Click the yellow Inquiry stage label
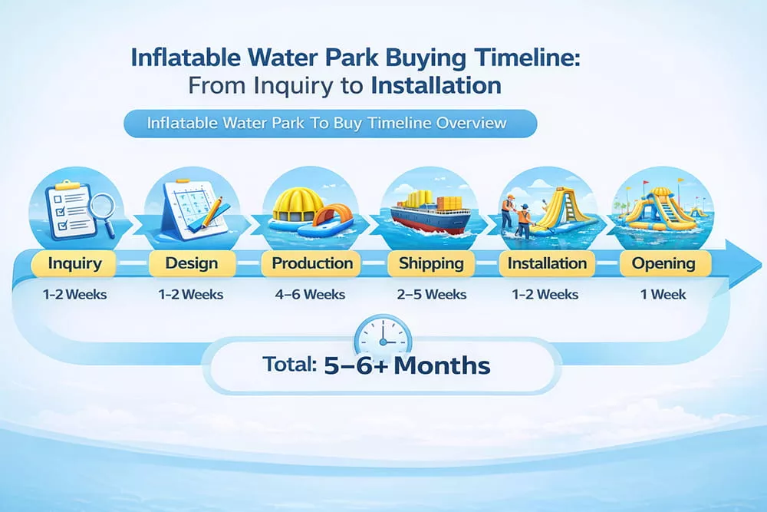point(74,264)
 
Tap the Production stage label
point(312,264)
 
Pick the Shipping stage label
point(431,264)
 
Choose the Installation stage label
point(548,264)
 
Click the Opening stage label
point(663,264)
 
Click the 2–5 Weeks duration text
point(431,294)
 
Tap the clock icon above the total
point(383,335)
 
